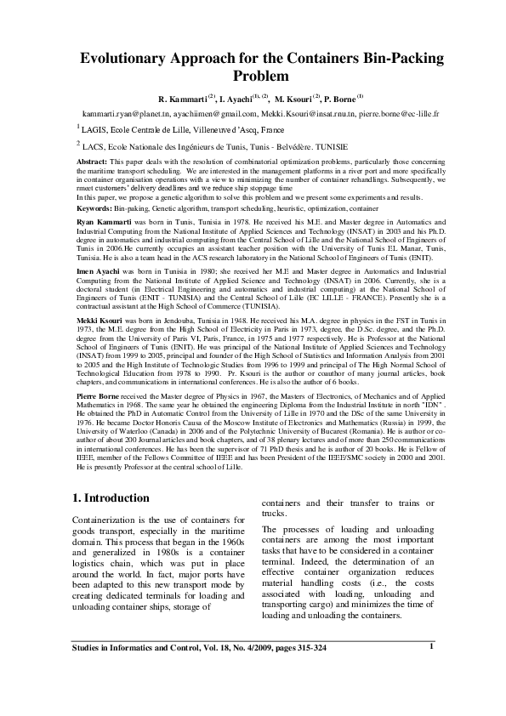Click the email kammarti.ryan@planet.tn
124,112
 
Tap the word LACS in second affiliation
92,146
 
